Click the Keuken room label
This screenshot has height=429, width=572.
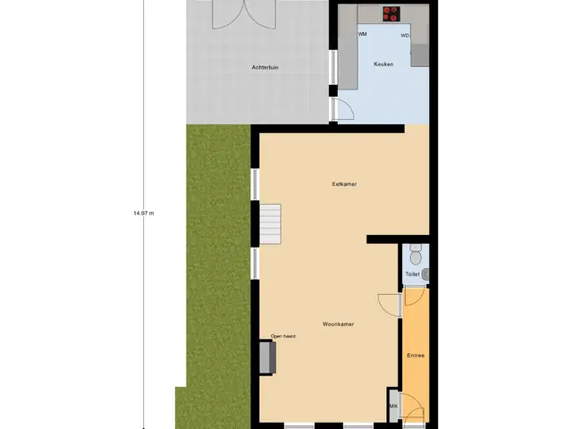click(x=383, y=64)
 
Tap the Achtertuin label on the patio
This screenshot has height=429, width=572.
click(x=265, y=68)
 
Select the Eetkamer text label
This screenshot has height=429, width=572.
click(x=344, y=184)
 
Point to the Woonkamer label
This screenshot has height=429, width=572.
click(x=338, y=324)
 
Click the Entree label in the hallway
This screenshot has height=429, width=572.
click(x=416, y=356)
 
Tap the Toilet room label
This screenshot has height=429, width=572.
click(x=413, y=274)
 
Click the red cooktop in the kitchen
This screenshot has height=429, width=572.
click(x=391, y=14)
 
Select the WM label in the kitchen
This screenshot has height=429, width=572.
click(x=362, y=34)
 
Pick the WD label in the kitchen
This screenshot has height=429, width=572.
click(x=405, y=36)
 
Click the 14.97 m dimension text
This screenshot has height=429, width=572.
click(x=144, y=213)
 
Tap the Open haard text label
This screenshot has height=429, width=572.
click(x=282, y=336)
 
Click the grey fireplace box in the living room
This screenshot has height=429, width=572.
click(x=267, y=357)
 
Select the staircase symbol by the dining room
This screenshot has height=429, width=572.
click(x=270, y=223)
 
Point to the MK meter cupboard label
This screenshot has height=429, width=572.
click(x=393, y=406)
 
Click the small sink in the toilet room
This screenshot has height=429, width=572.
click(x=425, y=274)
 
